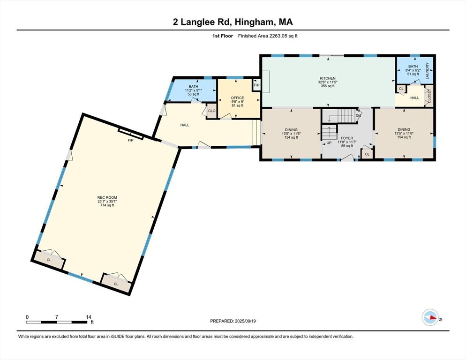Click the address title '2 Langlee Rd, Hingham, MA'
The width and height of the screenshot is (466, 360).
(x=233, y=22)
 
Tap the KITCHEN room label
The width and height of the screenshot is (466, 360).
(x=327, y=78)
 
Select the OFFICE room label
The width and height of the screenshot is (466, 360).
(x=237, y=98)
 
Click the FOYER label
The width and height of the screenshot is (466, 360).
(x=346, y=138)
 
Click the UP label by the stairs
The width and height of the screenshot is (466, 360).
(x=329, y=143)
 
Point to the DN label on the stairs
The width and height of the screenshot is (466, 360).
(x=358, y=115)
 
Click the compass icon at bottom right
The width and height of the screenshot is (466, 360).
(x=430, y=317)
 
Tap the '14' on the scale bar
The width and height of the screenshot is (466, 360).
(x=88, y=317)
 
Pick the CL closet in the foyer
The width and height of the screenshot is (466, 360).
(x=367, y=154)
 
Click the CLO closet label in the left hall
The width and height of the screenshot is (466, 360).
(x=211, y=111)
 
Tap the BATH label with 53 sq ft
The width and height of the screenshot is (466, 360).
(x=193, y=87)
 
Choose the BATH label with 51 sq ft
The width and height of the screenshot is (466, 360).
(x=413, y=67)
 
